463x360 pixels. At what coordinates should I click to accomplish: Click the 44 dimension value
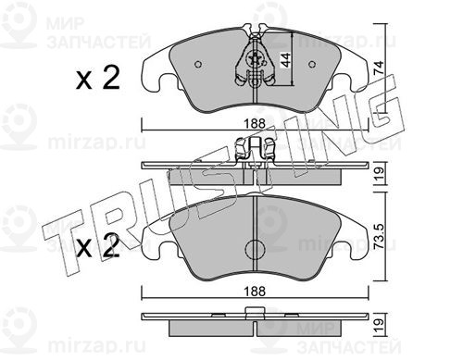click(285, 60)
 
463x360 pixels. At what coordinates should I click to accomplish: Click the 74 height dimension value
click(379, 68)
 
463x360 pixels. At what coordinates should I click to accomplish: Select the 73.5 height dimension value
click(380, 237)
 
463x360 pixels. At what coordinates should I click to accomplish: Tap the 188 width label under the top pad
click(255, 124)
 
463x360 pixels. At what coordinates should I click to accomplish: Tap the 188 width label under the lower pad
click(255, 291)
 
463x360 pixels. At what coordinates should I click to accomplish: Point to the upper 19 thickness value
click(380, 174)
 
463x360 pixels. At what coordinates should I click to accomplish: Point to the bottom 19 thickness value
click(380, 325)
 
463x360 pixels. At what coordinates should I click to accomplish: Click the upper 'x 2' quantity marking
click(98, 79)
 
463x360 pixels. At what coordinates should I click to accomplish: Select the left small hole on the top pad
click(198, 64)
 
